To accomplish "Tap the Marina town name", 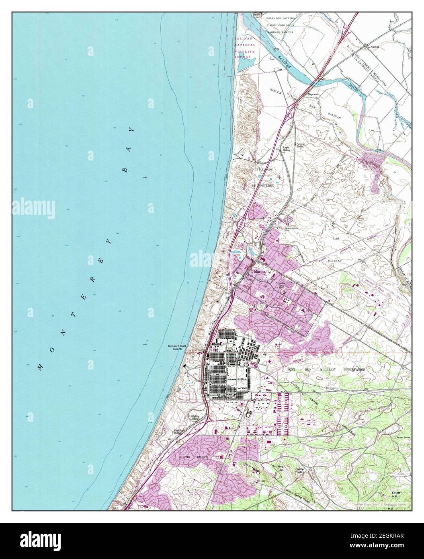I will click(x=259, y=272).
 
